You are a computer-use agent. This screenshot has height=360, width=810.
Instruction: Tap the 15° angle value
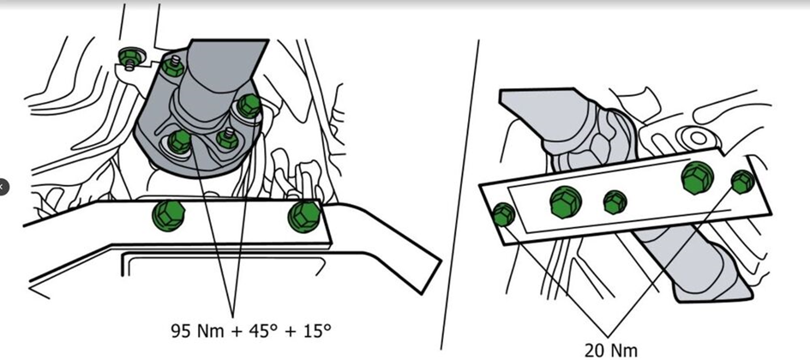click(316, 331)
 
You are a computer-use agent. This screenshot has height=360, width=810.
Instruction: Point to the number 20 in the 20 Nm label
click(596, 351)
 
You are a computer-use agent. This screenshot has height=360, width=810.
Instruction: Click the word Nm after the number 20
click(625, 351)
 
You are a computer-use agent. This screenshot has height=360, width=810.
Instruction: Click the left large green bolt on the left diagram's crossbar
click(168, 215)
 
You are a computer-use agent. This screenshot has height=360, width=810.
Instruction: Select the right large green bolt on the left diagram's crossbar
click(303, 216)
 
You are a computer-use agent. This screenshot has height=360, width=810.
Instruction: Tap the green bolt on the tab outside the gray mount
click(131, 57)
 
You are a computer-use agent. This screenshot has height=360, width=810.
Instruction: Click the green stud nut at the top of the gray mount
click(173, 66)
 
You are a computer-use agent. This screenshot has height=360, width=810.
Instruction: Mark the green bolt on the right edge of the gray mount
click(249, 105)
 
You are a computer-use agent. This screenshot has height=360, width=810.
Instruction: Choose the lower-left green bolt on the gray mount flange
click(180, 141)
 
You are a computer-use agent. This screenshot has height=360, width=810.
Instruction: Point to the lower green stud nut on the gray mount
click(227, 138)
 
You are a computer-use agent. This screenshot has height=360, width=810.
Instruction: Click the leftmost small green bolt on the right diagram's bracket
click(503, 214)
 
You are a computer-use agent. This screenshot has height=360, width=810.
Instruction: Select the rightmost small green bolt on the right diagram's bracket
click(743, 182)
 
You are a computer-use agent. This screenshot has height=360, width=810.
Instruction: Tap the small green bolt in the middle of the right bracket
click(615, 202)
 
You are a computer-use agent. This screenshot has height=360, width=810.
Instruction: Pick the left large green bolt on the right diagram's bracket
click(565, 201)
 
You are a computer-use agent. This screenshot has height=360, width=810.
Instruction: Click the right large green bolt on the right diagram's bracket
click(698, 177)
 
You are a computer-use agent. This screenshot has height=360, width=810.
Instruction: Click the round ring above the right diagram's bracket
click(698, 138)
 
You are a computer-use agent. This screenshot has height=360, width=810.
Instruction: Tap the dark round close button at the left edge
click(2, 187)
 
